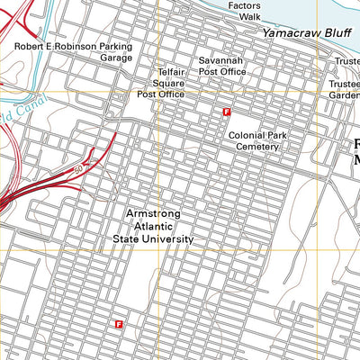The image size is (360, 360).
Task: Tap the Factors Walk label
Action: click(x=244, y=11)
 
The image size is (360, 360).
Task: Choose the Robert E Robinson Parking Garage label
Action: click(x=73, y=51)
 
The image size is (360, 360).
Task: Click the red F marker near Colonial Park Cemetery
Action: click(x=227, y=112)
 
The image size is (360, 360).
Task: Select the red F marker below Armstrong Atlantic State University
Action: click(x=119, y=321)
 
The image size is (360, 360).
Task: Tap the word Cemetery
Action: click(x=259, y=146)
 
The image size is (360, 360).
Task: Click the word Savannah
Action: click(x=222, y=60)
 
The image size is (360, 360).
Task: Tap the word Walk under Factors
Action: click(x=244, y=16)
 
